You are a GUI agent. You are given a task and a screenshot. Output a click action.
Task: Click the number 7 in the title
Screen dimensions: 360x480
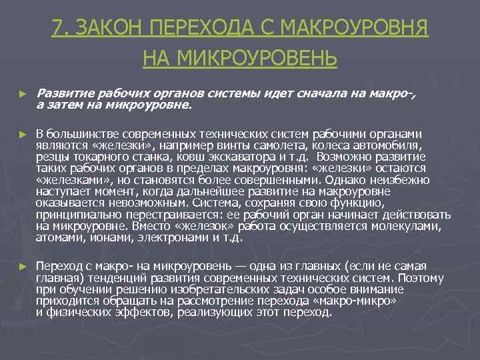pyautogui.click(x=57, y=29)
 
